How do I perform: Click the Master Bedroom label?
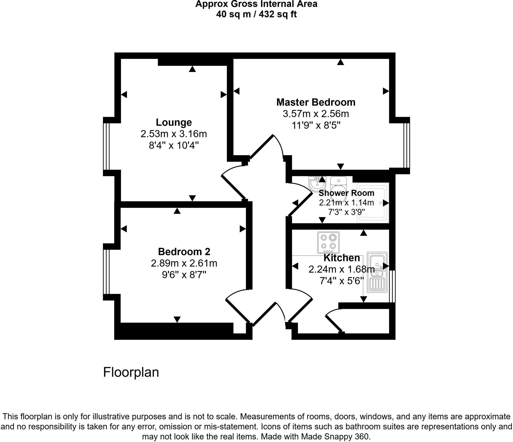click(316, 102)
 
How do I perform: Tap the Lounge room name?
click(174, 122)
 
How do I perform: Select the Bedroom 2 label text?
click(184, 252)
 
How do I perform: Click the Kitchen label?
click(341, 258)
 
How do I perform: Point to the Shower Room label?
click(346, 193)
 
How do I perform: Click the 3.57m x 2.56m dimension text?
click(316, 114)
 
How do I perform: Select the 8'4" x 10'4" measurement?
click(174, 145)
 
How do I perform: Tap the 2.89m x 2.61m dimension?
click(184, 263)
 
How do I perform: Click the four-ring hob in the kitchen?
click(328, 242)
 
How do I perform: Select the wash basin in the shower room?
click(317, 184)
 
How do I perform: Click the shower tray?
click(373, 203)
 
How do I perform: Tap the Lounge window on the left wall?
click(106, 146)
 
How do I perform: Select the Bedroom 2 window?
click(106, 272)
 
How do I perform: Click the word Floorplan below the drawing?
click(131, 372)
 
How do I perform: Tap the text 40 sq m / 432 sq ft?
click(256, 14)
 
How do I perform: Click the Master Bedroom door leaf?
click(262, 147)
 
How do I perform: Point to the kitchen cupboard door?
click(334, 324)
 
